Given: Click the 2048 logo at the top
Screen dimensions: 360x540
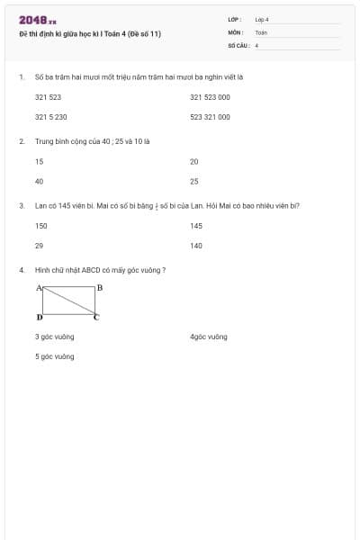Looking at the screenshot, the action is click(x=38, y=20).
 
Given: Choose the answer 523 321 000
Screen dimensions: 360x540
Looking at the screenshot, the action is click(x=210, y=117).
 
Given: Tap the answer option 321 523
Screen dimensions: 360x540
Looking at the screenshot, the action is click(x=48, y=96).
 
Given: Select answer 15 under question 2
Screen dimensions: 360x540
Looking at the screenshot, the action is click(x=39, y=161).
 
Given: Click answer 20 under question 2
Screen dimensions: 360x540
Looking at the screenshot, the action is click(x=193, y=161).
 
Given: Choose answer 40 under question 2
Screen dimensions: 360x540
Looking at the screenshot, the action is click(x=39, y=181).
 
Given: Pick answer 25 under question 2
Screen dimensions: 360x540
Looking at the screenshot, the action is click(x=193, y=181).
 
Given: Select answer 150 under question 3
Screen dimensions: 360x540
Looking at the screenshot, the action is click(x=40, y=225).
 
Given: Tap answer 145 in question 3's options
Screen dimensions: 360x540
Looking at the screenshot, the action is click(x=196, y=225).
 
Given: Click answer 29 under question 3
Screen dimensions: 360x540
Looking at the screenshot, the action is click(x=39, y=245).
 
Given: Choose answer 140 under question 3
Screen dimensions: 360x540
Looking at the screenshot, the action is click(x=196, y=245).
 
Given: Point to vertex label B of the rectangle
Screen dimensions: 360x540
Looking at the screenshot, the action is click(x=99, y=287).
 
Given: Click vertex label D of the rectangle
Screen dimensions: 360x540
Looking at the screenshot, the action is click(x=39, y=318).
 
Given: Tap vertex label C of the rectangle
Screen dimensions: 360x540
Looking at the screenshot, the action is click(x=97, y=318).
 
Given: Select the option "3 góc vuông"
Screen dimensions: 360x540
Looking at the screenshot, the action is click(x=54, y=337).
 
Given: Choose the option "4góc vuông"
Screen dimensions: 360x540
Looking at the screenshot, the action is click(x=208, y=337).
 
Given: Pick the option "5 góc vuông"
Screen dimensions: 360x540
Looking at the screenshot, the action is click(x=54, y=356).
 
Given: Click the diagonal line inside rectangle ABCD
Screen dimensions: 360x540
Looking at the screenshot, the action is click(x=68, y=301).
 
